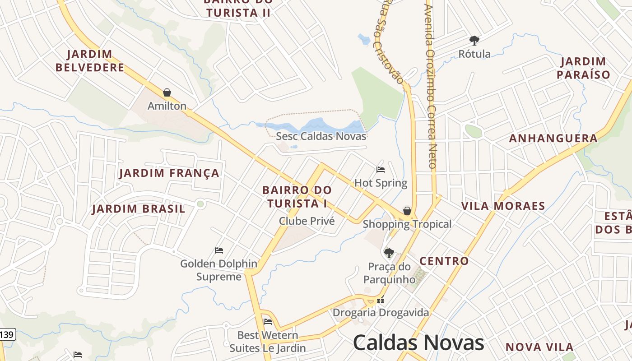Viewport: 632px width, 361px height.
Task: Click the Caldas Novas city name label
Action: pyautogui.click(x=418, y=343)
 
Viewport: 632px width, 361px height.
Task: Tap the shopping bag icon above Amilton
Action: pyautogui.click(x=167, y=93)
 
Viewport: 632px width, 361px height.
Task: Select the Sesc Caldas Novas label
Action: pyautogui.click(x=321, y=136)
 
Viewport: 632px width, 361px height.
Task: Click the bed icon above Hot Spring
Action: pyautogui.click(x=381, y=170)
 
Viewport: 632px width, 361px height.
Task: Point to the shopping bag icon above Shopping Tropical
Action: pyautogui.click(x=407, y=211)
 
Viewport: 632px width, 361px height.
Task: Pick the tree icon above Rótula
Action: pyautogui.click(x=474, y=41)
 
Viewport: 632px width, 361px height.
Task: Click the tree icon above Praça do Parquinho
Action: pyautogui.click(x=389, y=253)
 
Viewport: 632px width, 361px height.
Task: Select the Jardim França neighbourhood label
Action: pyautogui.click(x=169, y=173)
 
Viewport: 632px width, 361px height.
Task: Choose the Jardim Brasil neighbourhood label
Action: pyautogui.click(x=139, y=209)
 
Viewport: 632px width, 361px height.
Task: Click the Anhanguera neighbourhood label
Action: pyautogui.click(x=553, y=139)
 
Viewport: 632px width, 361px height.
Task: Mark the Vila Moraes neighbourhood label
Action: pyautogui.click(x=503, y=206)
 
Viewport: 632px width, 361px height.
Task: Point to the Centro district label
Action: pyautogui.click(x=444, y=261)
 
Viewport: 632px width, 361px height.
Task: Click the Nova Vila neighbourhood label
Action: pyautogui.click(x=539, y=347)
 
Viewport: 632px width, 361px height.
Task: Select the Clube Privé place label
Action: pyautogui.click(x=307, y=221)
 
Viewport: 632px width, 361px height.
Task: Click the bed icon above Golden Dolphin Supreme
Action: pyautogui.click(x=219, y=250)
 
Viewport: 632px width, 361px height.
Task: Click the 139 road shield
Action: pyautogui.click(x=7, y=335)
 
